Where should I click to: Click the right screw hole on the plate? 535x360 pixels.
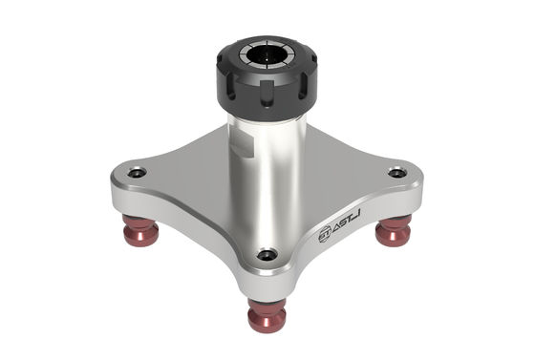(397, 173)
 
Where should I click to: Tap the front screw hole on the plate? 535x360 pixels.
(267, 255)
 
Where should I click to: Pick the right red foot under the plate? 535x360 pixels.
(393, 230)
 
